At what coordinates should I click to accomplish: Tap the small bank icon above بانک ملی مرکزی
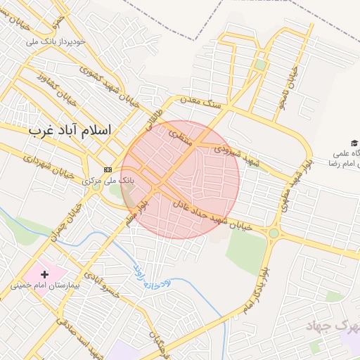click(108, 169)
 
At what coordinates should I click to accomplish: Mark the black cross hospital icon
click(46, 274)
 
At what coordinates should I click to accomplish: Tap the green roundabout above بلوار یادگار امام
click(274, 233)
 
